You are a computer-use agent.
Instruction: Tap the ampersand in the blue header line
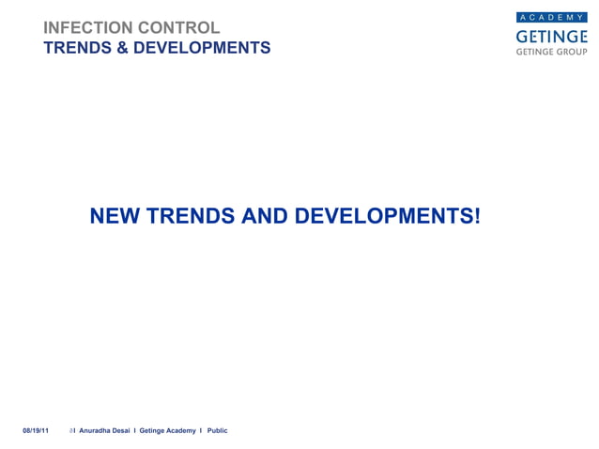(x=121, y=48)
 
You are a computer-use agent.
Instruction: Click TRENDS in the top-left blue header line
(x=78, y=48)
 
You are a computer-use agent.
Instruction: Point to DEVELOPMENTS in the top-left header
(x=201, y=48)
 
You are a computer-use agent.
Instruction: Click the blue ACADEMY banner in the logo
(x=552, y=18)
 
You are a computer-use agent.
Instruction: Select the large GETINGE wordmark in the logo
(x=552, y=36)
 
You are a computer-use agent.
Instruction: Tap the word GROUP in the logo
(x=571, y=53)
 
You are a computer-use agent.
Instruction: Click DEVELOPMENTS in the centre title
(x=381, y=217)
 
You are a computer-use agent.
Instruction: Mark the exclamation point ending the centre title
(x=476, y=217)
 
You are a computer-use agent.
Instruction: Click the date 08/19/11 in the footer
(x=36, y=430)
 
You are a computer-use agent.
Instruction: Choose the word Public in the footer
(x=218, y=430)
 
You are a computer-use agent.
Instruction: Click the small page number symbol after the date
(x=71, y=430)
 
